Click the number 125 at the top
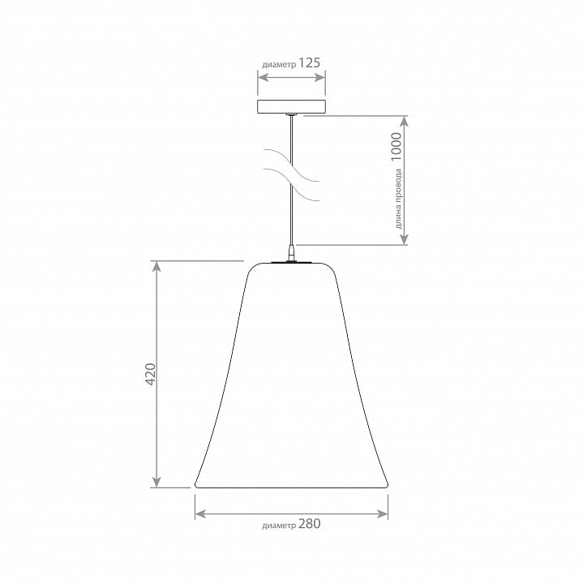coord(309,63)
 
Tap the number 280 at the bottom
coord(309,524)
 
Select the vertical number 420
coord(150,374)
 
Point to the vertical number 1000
coord(397,147)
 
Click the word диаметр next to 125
coord(279,65)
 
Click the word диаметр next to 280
coord(279,526)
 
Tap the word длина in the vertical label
coord(398,220)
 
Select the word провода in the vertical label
coord(398,189)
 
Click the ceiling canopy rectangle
coord(292,106)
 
